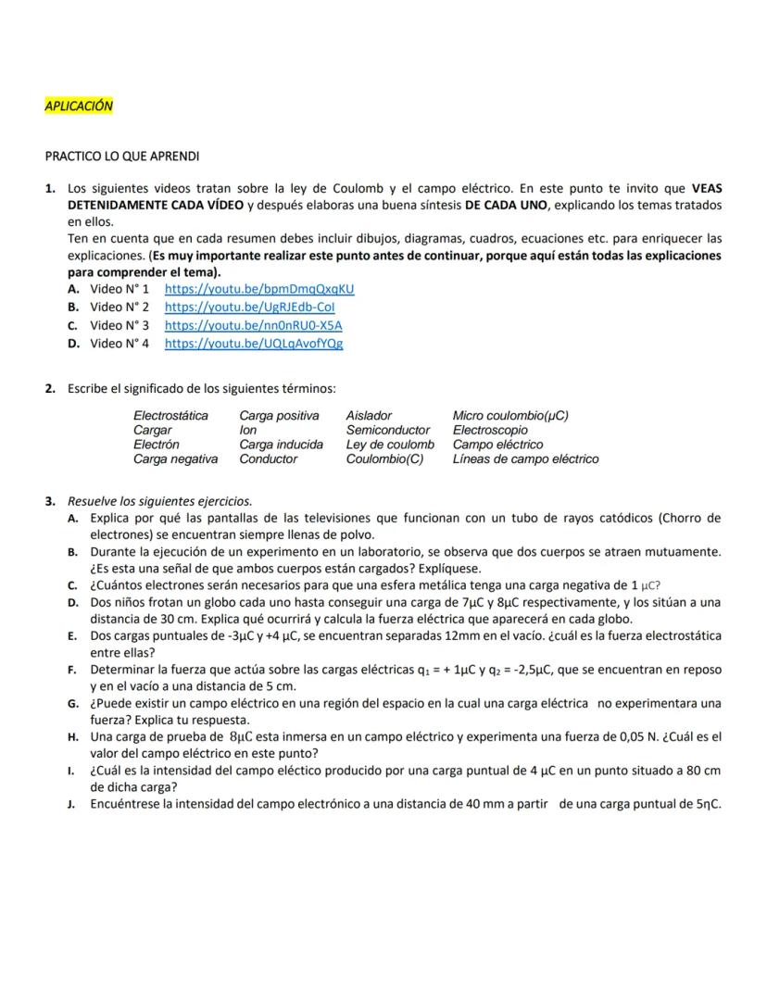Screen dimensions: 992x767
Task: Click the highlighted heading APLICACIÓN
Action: (79, 106)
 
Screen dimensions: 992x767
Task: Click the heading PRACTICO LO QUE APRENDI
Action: (122, 156)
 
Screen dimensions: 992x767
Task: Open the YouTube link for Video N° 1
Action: (259, 288)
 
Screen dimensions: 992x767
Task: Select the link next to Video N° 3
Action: (253, 325)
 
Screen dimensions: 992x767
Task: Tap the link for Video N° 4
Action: (254, 344)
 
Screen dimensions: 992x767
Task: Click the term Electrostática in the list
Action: (170, 416)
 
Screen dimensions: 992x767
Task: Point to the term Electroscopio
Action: (490, 430)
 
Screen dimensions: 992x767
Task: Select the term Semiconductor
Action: (387, 430)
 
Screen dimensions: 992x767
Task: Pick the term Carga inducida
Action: (281, 445)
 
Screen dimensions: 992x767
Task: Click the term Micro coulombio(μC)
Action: (510, 416)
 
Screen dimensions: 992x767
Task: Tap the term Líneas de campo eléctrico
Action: (525, 458)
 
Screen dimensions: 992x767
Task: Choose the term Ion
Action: (247, 430)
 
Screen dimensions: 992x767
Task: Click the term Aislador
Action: (369, 416)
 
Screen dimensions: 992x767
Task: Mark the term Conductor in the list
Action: (268, 458)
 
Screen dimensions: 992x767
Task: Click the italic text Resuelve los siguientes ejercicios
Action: (159, 501)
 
